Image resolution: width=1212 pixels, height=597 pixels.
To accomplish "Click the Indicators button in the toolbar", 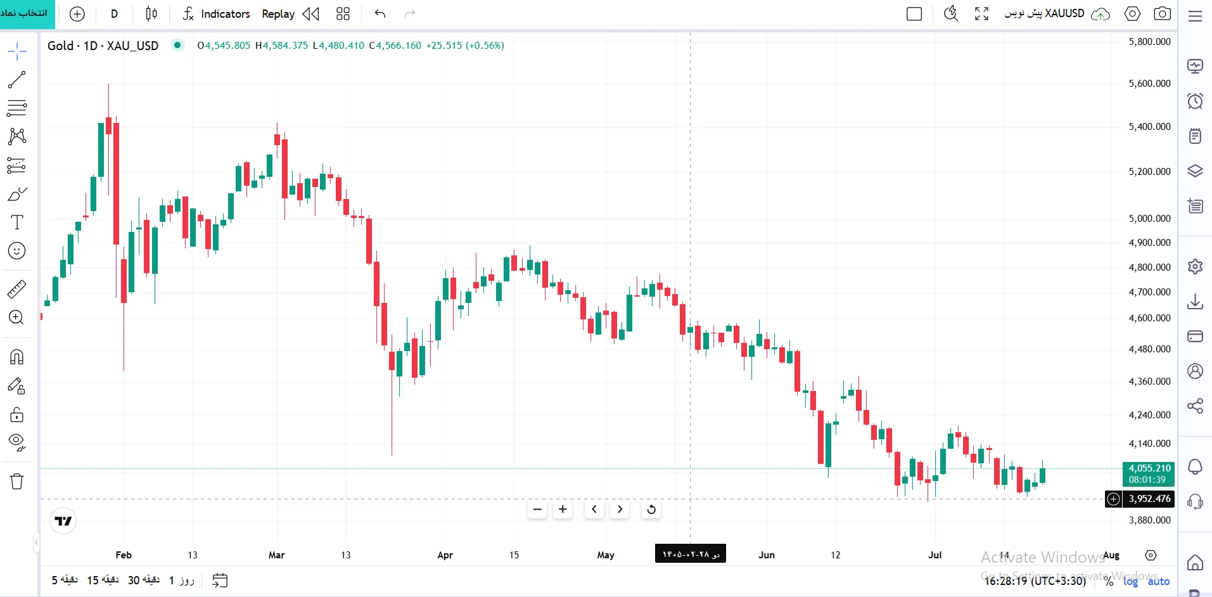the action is pos(216,14).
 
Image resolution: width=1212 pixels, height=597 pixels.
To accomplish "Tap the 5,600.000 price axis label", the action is pos(1149,84).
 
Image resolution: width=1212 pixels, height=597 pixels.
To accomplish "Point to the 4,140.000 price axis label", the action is pos(1149,444).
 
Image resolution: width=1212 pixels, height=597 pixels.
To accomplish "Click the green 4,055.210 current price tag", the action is pos(1149,474).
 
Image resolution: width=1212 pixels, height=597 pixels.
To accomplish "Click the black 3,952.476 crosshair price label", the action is pos(1149,499).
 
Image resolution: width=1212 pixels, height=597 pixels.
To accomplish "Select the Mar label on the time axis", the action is pos(276,555).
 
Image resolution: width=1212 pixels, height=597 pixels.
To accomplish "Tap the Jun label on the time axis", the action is pos(767,555).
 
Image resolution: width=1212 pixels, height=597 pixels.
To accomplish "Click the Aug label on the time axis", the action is pos(1111,555).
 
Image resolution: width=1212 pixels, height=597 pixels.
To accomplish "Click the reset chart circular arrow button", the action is pos(651,510).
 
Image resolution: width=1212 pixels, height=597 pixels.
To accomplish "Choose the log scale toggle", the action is pos(1131,581).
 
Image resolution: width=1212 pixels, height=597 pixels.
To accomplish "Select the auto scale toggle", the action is pos(1159,581).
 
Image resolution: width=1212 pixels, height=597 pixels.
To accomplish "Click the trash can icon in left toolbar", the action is pos(17,482).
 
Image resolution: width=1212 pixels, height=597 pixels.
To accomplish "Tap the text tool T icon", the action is pos(17,222).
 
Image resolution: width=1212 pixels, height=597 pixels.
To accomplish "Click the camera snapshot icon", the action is pos(1162,13).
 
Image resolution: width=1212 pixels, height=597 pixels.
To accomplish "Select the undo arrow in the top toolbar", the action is pos(380,13).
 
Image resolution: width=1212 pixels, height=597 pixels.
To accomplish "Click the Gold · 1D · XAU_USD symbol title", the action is pos(103,46).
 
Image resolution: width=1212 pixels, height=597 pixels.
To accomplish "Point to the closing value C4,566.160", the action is pos(395,46).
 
